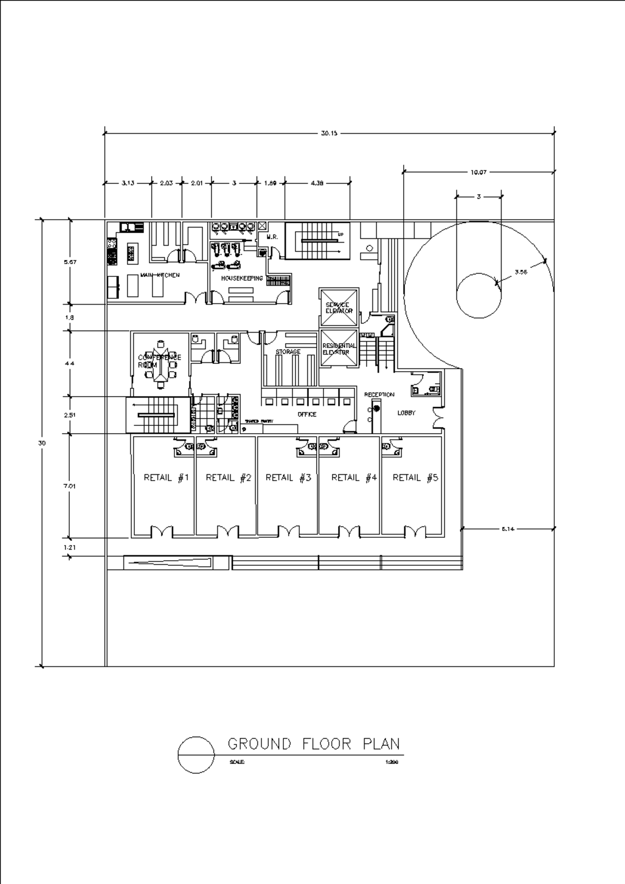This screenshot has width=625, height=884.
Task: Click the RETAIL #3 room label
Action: pyautogui.click(x=288, y=478)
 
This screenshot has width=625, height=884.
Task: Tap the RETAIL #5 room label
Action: pyautogui.click(x=415, y=478)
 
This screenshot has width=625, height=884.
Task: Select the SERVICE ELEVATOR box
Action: pyautogui.click(x=339, y=307)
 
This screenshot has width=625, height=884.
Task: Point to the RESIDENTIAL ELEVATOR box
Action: pyautogui.click(x=339, y=349)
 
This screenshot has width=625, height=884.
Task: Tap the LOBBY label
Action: pyautogui.click(x=406, y=413)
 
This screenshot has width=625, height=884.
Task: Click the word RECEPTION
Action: pyautogui.click(x=379, y=395)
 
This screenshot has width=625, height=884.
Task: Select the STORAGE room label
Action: pyautogui.click(x=288, y=352)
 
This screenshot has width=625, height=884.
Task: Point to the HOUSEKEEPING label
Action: pyautogui.click(x=242, y=279)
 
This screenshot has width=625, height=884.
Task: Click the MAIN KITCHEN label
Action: pyautogui.click(x=160, y=275)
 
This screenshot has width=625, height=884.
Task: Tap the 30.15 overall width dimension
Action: pyautogui.click(x=329, y=133)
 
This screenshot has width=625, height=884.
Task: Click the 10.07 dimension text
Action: pyautogui.click(x=478, y=172)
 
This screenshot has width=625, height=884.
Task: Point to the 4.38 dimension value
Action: pyautogui.click(x=317, y=183)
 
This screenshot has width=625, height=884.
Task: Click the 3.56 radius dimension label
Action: pyautogui.click(x=520, y=272)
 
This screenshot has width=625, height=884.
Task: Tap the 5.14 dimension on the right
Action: pyautogui.click(x=508, y=529)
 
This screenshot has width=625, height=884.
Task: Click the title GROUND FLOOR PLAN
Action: pyautogui.click(x=314, y=744)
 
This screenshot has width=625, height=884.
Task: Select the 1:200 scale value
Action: pyautogui.click(x=392, y=762)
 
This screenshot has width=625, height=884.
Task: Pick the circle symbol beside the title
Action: pyautogui.click(x=196, y=754)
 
